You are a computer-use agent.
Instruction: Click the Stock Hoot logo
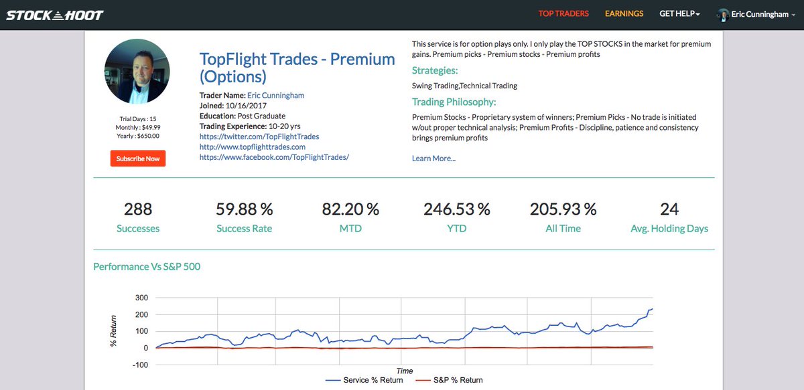pos(55,14)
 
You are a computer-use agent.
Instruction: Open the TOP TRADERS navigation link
pos(563,13)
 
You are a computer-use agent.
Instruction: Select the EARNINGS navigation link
pos(624,13)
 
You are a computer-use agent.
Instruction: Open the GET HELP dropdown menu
pos(679,13)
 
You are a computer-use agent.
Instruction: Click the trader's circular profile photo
pos(137,71)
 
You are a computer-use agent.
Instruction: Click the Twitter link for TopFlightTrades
pos(259,136)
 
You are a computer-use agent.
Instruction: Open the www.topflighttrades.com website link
pos(253,147)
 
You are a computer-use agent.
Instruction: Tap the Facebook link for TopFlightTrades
pos(275,157)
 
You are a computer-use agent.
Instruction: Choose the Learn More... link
pos(433,159)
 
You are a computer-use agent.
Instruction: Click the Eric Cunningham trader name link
pos(275,95)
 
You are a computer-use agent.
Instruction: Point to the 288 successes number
pos(138,209)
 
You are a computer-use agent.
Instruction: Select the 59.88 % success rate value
pos(245,209)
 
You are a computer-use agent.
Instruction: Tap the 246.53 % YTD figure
pos(457,209)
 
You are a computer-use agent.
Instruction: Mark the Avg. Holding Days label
pos(669,229)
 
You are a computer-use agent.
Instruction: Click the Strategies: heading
pos(435,70)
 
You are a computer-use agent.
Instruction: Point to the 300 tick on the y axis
pos(141,298)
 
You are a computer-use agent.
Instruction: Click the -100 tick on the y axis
pos(140,365)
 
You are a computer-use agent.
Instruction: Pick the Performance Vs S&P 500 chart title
pos(147,267)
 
